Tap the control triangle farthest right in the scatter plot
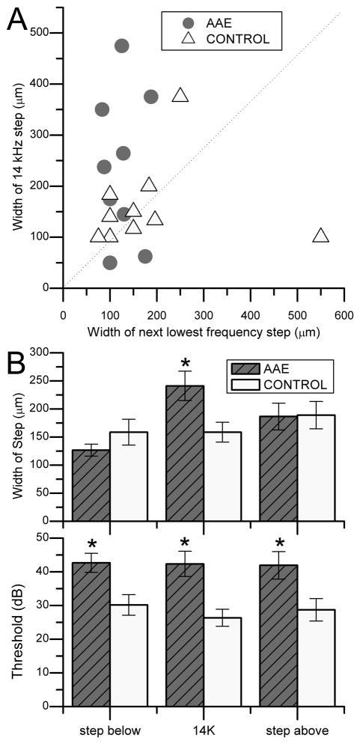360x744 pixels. click(321, 236)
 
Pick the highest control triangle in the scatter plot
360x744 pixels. click(180, 96)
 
